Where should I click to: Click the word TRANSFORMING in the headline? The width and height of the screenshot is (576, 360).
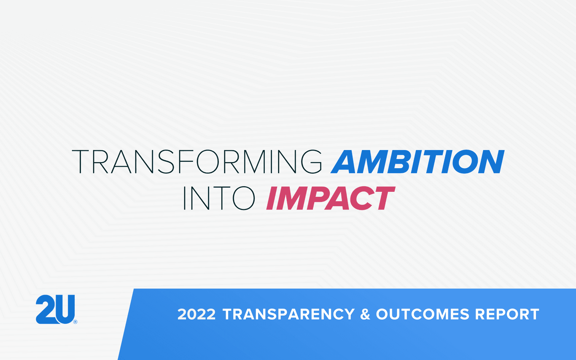pos(197,161)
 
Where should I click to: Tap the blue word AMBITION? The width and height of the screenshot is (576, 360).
pos(417,161)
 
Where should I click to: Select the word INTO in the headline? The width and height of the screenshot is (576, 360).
pos(219,198)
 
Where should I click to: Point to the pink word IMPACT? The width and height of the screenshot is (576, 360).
pos(330,198)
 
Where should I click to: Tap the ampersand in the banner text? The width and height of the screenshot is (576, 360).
pos(365,314)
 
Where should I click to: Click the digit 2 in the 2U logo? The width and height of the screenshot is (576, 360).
pos(45,310)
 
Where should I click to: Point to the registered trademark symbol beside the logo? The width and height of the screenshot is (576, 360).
pos(75,322)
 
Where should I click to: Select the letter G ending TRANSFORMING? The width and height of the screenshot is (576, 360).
pos(310,161)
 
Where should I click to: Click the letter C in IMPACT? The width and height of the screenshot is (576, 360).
pos(361,198)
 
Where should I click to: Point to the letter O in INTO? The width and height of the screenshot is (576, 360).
pos(244,198)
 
